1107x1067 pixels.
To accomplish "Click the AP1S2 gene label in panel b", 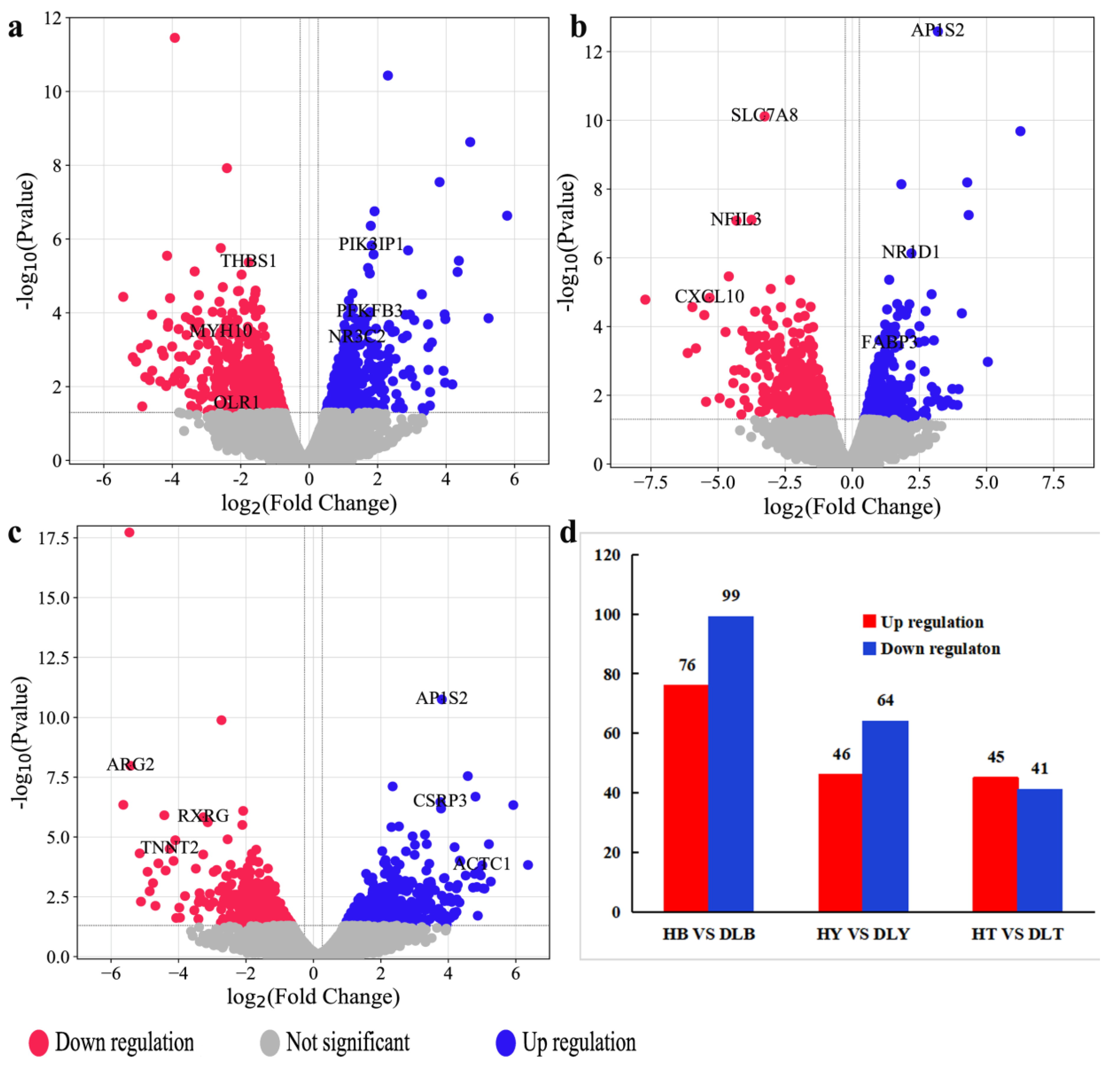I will click(938, 30).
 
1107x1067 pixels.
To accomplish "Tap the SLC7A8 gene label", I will click(764, 115).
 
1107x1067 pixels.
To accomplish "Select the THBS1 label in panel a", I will click(248, 261).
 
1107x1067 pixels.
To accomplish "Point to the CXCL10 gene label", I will click(709, 296).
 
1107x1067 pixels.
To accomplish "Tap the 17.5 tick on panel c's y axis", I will click(54, 538).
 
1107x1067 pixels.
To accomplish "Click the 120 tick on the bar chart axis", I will click(607, 555).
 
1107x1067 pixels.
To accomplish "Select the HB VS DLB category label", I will click(709, 934).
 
